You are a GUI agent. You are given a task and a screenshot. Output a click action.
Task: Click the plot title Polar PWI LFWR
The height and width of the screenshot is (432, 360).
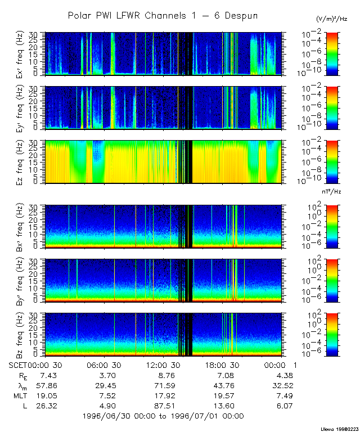click(x=163, y=15)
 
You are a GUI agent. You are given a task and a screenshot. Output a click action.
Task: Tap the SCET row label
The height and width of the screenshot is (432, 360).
click(x=17, y=366)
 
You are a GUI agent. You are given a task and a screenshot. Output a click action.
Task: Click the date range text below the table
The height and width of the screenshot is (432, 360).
click(x=163, y=416)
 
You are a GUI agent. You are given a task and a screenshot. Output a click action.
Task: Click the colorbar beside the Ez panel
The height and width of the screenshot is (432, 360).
click(x=332, y=161)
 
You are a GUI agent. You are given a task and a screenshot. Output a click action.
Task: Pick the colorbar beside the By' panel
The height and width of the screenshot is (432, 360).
click(x=332, y=279)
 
